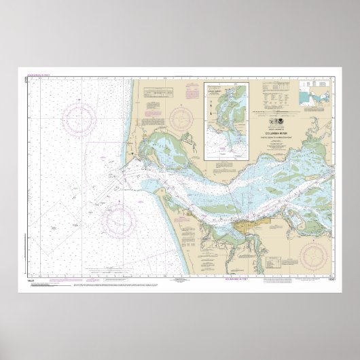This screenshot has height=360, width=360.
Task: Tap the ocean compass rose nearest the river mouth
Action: pyautogui.click(x=120, y=219)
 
